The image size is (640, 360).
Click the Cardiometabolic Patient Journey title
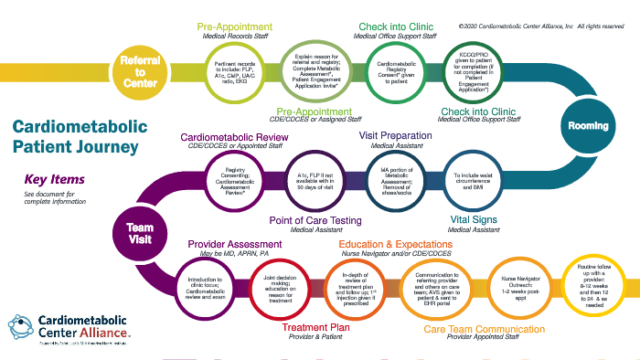[x=77, y=137]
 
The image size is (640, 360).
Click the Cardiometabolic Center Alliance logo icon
[x=23, y=328]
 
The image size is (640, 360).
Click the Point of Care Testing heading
[x=317, y=219]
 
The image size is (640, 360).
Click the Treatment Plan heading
[x=316, y=329]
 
